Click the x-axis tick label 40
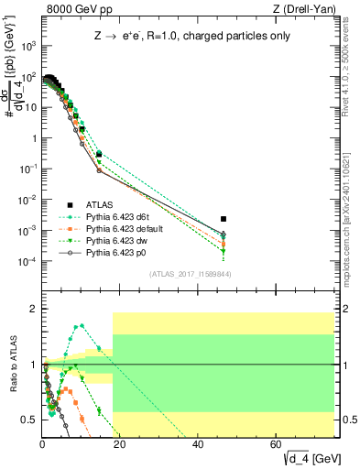tap(199, 444)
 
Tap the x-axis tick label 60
tap(277, 444)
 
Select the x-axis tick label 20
tap(121, 444)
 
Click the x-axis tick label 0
tap(43, 444)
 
